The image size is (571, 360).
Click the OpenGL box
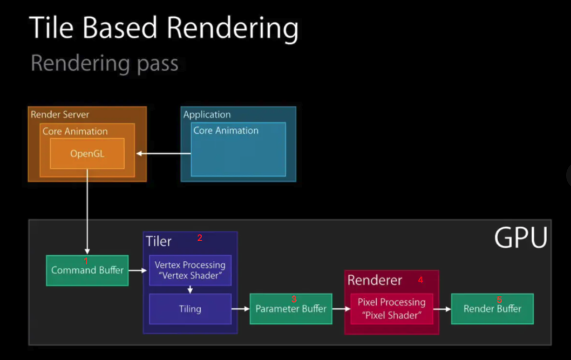[87, 153]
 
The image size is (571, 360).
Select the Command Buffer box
[87, 270]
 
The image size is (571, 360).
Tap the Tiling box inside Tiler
[190, 309]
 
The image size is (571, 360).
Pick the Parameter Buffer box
[291, 309]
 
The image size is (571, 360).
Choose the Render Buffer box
[492, 309]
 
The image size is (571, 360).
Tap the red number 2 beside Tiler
[200, 238]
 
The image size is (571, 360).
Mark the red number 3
[294, 300]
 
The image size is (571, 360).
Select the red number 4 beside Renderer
[420, 280]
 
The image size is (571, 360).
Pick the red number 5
[499, 300]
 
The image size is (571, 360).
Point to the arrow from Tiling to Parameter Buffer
[240, 309]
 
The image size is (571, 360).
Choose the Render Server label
[60, 114]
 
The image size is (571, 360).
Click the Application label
[207, 114]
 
